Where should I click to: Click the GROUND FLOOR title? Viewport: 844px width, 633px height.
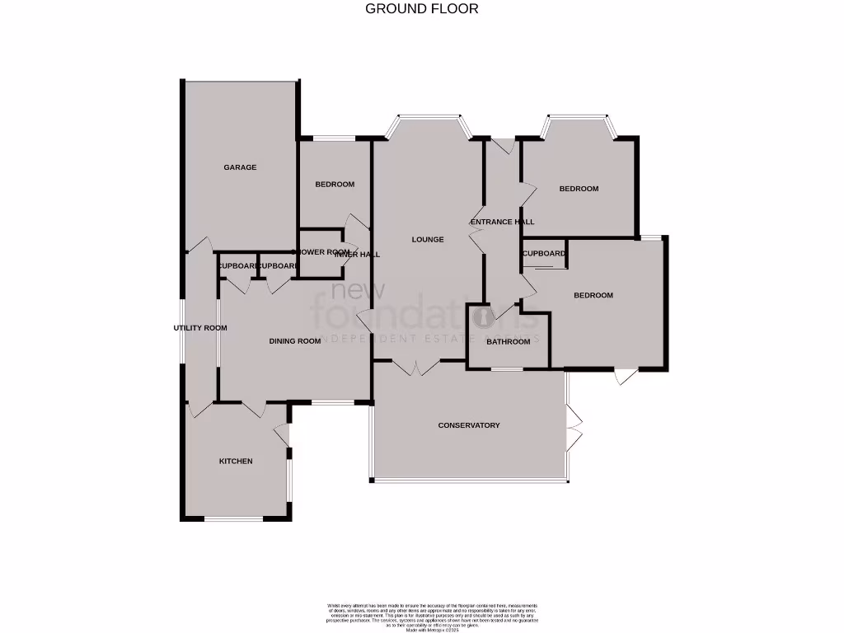(x=421, y=9)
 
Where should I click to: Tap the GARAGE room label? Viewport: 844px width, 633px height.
(x=240, y=167)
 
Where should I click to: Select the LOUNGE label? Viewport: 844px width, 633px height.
(x=428, y=240)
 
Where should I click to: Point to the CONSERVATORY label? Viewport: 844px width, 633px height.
(x=469, y=425)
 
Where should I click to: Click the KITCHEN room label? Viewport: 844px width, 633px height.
(x=236, y=461)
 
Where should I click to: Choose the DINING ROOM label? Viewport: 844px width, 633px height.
(x=294, y=341)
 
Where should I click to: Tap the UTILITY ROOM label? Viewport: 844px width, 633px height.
(x=199, y=328)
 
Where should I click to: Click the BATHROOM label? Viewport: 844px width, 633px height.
(x=508, y=341)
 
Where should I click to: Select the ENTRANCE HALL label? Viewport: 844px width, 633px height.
(x=502, y=222)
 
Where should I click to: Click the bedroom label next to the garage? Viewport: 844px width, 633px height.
(x=335, y=184)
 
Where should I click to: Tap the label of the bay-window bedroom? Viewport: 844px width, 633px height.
(x=579, y=189)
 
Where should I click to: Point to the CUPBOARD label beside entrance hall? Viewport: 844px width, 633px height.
(x=544, y=254)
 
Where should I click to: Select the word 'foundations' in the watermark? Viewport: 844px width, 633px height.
(x=416, y=315)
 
